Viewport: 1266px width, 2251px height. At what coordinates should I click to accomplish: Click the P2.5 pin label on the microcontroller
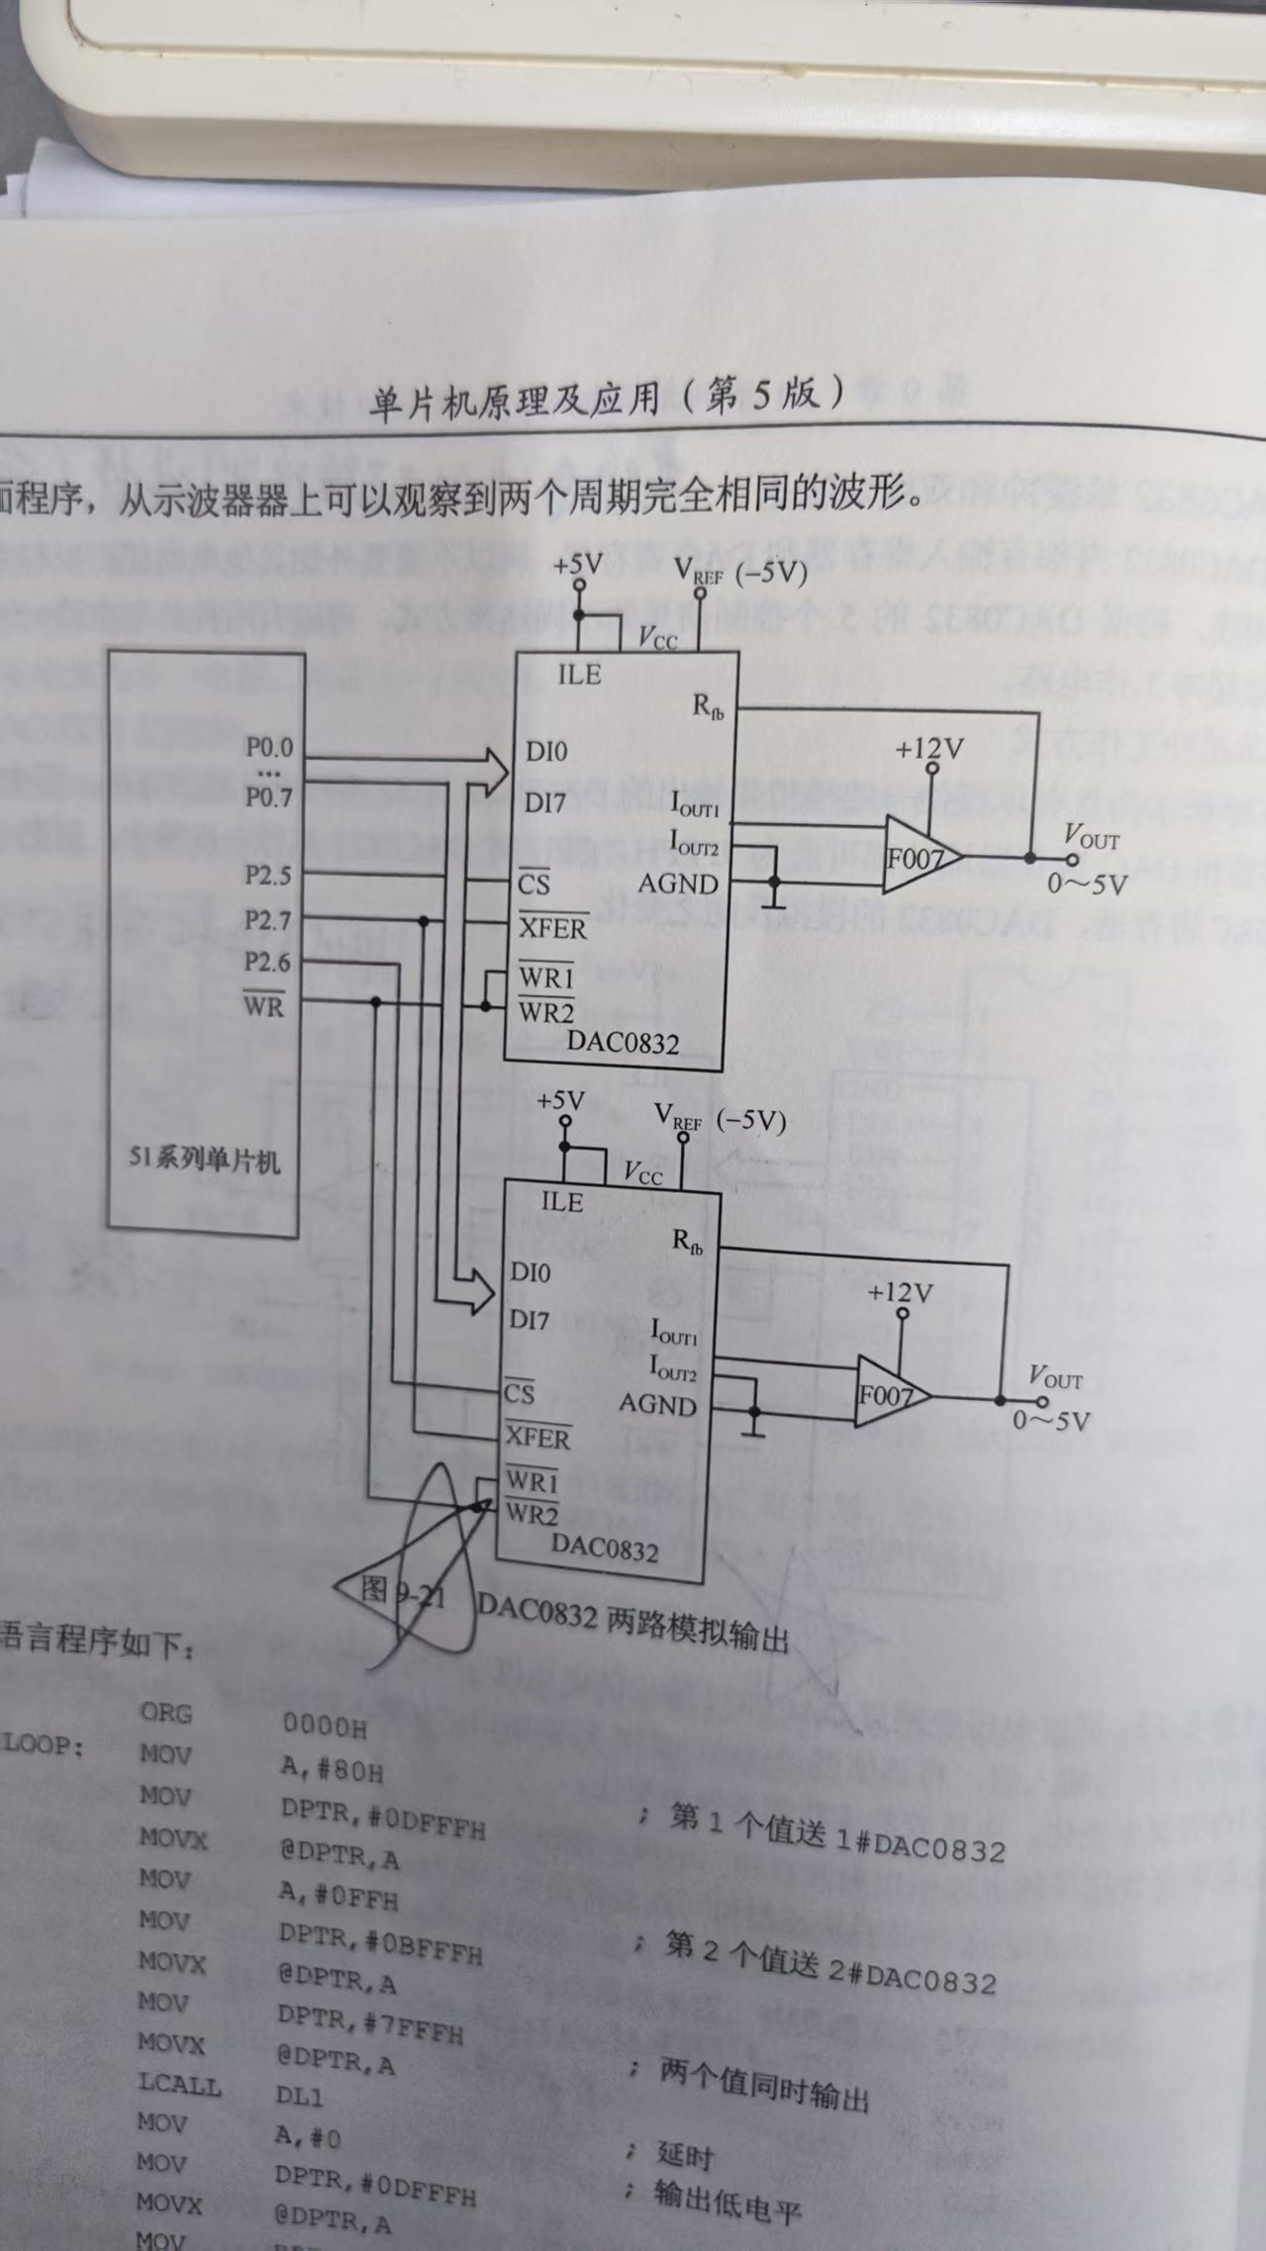click(x=268, y=875)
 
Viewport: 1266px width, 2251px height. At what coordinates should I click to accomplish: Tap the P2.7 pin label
click(x=267, y=920)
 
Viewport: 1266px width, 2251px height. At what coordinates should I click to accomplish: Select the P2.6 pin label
click(x=267, y=963)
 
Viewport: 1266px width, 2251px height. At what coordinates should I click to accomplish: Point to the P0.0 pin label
click(x=269, y=748)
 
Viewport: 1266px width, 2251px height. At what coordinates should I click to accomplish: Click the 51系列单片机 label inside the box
click(x=204, y=1159)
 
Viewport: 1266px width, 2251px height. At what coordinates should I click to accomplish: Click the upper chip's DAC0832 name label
click(x=623, y=1042)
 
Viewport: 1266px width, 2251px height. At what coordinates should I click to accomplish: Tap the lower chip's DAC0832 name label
click(x=604, y=1546)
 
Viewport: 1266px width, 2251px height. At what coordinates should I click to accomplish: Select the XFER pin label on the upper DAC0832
click(x=552, y=928)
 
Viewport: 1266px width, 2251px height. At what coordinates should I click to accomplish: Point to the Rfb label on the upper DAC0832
click(x=708, y=706)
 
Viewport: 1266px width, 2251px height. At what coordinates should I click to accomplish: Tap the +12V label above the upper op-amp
click(x=927, y=749)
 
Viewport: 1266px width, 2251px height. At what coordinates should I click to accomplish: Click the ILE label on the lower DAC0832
click(x=561, y=1201)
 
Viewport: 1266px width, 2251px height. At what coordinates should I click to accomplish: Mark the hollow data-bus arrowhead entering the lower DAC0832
click(x=479, y=1290)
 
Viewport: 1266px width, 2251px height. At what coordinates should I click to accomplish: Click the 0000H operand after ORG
click(x=324, y=1727)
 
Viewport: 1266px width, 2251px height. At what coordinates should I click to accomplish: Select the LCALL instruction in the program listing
click(x=179, y=2085)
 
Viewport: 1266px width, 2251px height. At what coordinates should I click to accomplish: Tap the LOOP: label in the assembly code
click(x=42, y=1745)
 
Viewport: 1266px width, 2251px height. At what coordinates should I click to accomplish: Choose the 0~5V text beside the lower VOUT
click(x=1050, y=1422)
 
